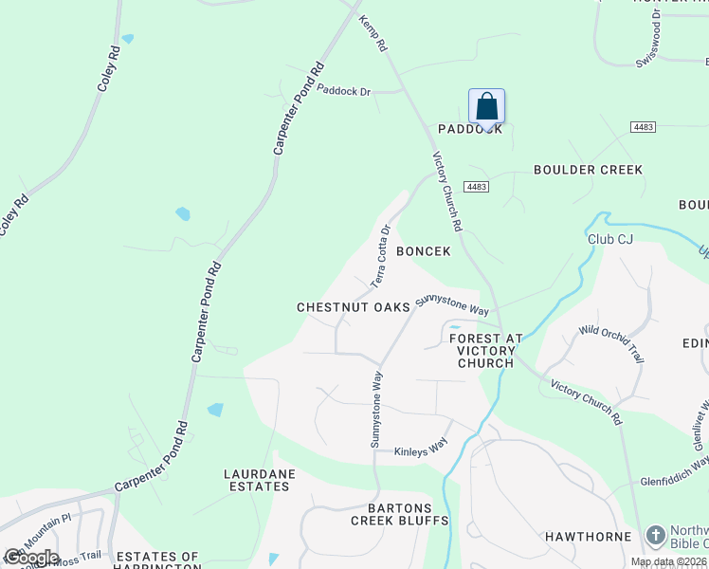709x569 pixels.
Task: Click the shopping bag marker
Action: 486,106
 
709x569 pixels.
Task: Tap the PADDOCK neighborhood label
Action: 469,129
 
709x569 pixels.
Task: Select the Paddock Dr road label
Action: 344,91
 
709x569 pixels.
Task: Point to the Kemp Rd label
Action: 373,33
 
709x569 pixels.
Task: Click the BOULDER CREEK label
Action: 588,170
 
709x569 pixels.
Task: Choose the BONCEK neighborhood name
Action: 423,251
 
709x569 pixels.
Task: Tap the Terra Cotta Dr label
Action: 380,255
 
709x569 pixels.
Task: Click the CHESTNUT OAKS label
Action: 353,307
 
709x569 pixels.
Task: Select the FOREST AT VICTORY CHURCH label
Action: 485,350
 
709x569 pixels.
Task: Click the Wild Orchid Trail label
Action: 611,342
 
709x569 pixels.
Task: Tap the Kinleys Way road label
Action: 420,450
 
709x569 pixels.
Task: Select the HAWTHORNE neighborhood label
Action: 588,537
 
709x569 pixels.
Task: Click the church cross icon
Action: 655,536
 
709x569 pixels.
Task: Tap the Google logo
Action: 31,557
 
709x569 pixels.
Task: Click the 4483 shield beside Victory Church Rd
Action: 476,187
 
